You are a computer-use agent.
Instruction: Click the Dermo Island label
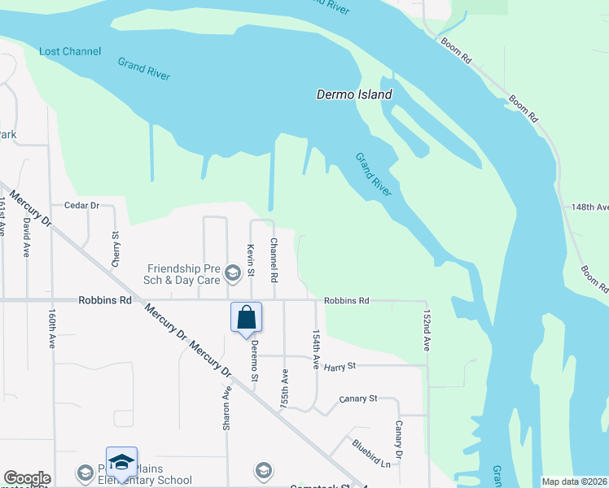click(x=354, y=94)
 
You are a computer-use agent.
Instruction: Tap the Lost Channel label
click(x=70, y=51)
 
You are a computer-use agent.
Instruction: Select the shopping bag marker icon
click(x=246, y=317)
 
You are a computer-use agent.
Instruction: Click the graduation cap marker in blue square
click(x=121, y=462)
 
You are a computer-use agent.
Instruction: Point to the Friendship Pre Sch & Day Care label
click(x=184, y=274)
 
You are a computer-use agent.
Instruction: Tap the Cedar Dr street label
click(x=75, y=206)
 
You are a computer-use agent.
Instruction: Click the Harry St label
click(x=340, y=368)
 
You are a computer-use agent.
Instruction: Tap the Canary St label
click(x=358, y=399)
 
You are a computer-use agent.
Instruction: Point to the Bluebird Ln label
click(x=371, y=453)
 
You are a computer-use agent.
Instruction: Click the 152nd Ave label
click(x=426, y=329)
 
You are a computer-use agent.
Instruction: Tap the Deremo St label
click(x=254, y=360)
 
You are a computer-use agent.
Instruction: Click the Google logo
click(x=26, y=478)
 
